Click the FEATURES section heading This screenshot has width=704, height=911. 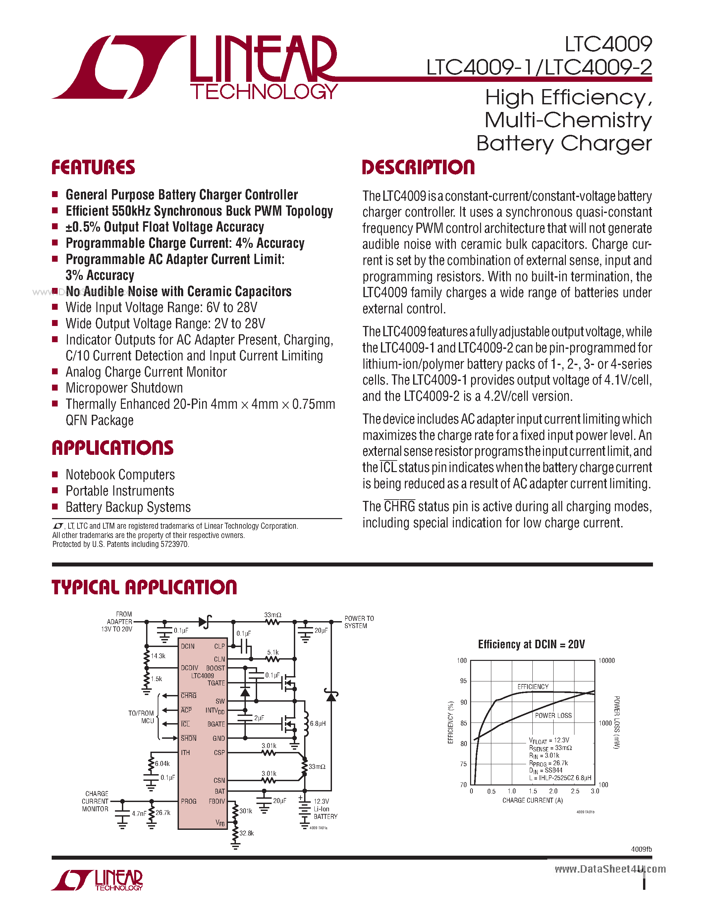[x=93, y=167]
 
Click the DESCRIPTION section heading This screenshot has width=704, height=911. [x=418, y=167]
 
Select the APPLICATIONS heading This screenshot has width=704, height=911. [x=112, y=448]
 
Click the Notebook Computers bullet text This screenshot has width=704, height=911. [x=120, y=475]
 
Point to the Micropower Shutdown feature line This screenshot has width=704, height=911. [x=124, y=388]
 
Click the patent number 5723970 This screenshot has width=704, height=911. [x=174, y=544]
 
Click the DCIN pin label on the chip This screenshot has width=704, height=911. [x=188, y=646]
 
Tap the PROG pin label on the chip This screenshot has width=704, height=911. [x=189, y=801]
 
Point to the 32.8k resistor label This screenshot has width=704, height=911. [x=246, y=833]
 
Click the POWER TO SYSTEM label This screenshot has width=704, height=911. [x=359, y=622]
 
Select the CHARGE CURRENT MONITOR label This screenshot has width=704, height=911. [x=95, y=801]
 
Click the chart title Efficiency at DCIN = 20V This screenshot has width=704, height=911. [x=531, y=644]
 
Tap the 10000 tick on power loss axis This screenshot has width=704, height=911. [x=606, y=661]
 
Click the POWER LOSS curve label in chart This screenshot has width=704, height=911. [x=553, y=715]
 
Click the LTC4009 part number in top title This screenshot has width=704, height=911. [x=608, y=44]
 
